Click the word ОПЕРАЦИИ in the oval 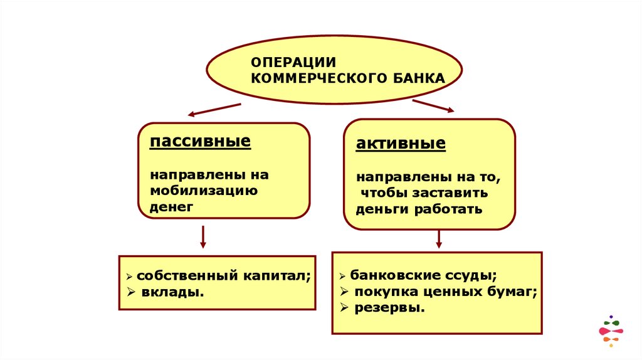(x=293, y=61)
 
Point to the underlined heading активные (x=401, y=144)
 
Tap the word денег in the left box (x=172, y=206)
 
